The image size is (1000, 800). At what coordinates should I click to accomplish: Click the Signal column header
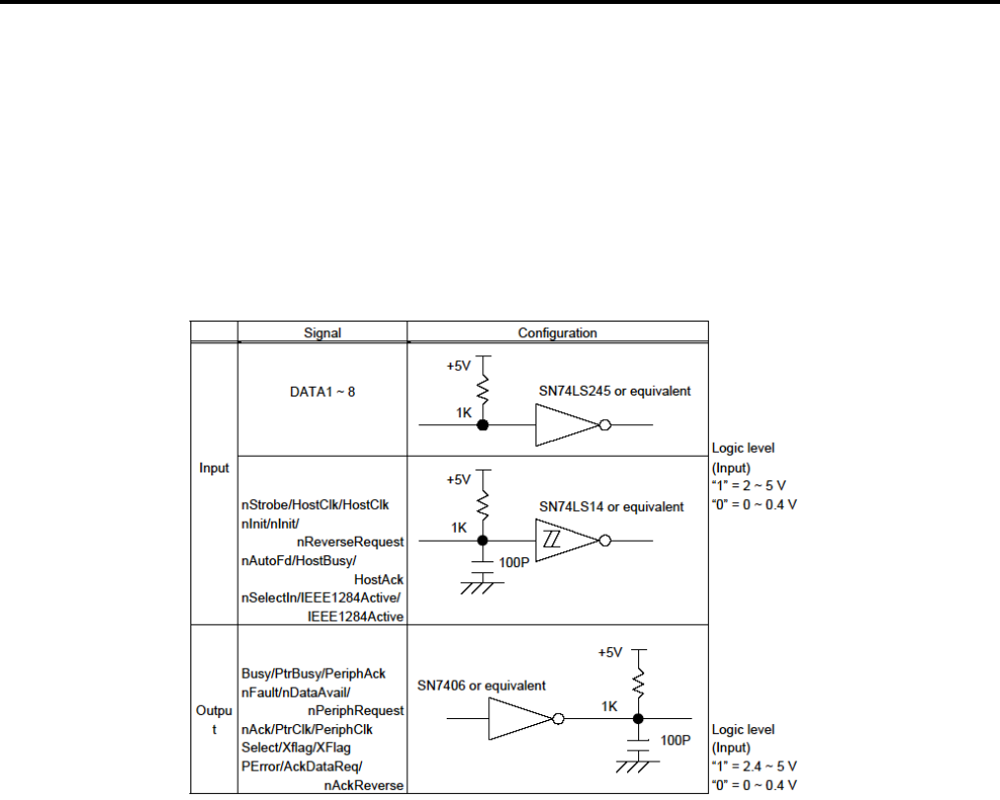point(321,332)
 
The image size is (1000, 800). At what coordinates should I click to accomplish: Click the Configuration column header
point(558,332)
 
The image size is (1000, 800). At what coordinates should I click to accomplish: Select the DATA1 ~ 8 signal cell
point(321,391)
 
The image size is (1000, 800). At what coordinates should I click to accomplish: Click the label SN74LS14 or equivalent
point(611,506)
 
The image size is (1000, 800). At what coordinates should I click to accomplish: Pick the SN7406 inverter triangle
point(518,719)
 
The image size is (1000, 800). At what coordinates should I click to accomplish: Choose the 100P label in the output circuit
point(674,738)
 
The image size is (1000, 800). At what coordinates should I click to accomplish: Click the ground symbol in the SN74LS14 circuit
point(481,586)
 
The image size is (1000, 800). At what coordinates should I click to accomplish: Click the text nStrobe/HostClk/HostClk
point(316,505)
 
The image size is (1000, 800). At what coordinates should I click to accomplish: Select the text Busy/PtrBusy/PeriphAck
point(314,674)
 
